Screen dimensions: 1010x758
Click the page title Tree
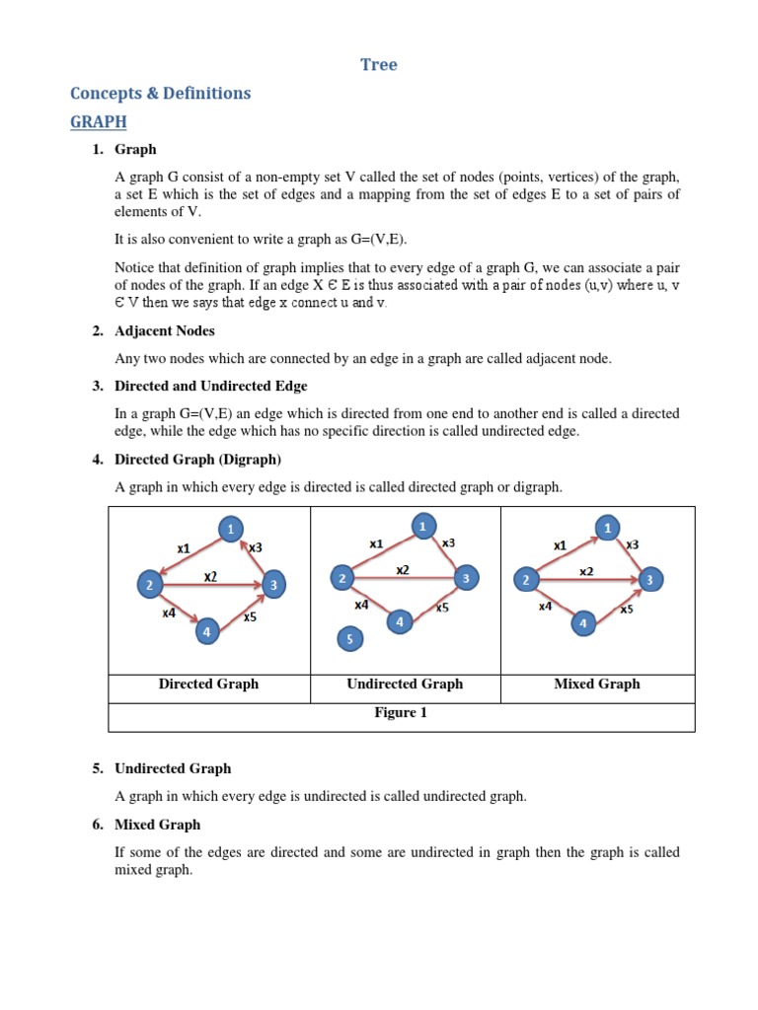coord(379,65)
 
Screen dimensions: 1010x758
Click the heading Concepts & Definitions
coord(161,94)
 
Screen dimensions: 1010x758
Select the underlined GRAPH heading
coord(99,121)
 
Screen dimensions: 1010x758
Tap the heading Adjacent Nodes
coord(164,330)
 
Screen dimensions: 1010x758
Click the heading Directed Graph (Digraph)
coord(197,459)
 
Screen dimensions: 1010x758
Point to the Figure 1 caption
coord(400,712)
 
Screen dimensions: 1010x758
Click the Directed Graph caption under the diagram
coord(208,684)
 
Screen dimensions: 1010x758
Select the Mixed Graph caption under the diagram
coord(597,684)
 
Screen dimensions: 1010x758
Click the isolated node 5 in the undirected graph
coord(349,640)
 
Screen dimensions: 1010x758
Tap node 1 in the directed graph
coord(231,530)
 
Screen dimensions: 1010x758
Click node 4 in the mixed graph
coord(583,623)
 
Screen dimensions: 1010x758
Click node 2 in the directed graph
coord(150,586)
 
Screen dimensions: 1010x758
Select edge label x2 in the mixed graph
coord(586,571)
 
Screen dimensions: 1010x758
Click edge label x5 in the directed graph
coord(250,617)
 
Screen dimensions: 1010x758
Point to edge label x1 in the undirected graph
coord(376,543)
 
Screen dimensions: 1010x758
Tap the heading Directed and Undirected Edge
coord(210,386)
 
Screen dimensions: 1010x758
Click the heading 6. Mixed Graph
coord(157,825)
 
